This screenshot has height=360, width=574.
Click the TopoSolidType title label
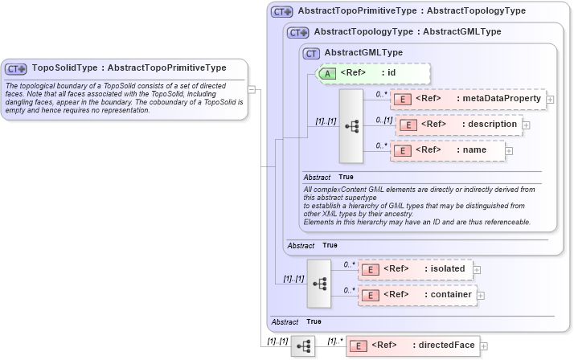[x=129, y=68]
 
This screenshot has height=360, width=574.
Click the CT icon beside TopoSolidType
[x=17, y=69]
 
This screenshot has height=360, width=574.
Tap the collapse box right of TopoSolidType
[x=252, y=89]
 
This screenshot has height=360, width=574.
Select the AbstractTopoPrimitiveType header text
[x=411, y=11]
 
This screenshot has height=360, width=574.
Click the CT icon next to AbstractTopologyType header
[x=298, y=32]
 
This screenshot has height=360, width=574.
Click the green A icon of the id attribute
[x=328, y=73]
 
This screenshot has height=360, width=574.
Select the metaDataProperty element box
[x=467, y=99]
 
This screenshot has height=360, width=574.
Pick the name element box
[x=446, y=149]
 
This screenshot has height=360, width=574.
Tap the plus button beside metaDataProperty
[x=551, y=100]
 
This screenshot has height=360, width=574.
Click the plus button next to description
[x=527, y=125]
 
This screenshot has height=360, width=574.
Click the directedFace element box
[x=412, y=346]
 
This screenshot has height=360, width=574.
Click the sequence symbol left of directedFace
[x=303, y=346]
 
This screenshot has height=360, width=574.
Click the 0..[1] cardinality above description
[x=383, y=120]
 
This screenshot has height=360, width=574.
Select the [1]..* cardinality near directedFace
[x=334, y=341]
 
